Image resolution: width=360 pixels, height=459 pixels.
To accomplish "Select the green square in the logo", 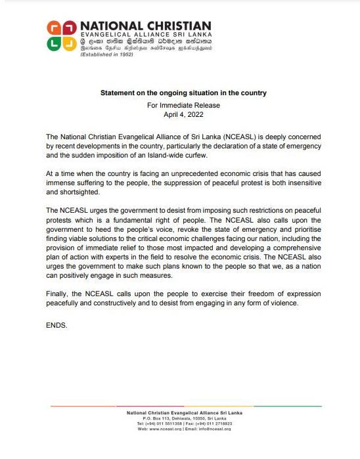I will pos(54,44).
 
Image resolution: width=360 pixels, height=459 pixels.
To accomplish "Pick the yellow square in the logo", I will pos(69,44).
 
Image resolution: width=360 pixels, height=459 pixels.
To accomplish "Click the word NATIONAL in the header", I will pos(108,26).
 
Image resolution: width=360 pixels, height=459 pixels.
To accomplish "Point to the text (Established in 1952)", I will pos(106,54).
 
